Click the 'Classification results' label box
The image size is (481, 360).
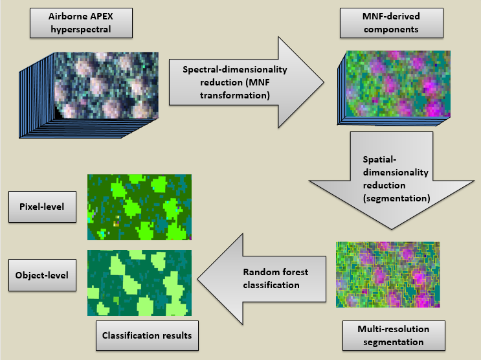pos(147,336)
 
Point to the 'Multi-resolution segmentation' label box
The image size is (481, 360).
pos(394,335)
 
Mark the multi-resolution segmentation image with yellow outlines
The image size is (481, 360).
pos(388,274)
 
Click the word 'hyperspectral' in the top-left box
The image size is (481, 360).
pos(81,30)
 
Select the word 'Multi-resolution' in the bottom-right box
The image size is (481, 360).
pos(394,329)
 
